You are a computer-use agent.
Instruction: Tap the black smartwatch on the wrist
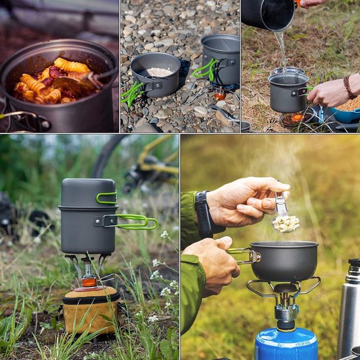pyautogui.click(x=203, y=214)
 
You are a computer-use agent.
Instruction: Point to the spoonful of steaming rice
pyautogui.click(x=286, y=223)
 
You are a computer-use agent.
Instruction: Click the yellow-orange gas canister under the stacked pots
pyautogui.click(x=91, y=308)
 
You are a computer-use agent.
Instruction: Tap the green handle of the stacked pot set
pyautogui.click(x=136, y=221)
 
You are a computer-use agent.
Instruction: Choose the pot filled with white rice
pyautogui.click(x=156, y=74)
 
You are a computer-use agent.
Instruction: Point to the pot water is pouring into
pyautogui.click(x=289, y=92)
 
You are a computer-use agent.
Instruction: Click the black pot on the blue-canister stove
pyautogui.click(x=284, y=260)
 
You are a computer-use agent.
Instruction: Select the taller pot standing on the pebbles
pyautogui.click(x=221, y=59)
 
